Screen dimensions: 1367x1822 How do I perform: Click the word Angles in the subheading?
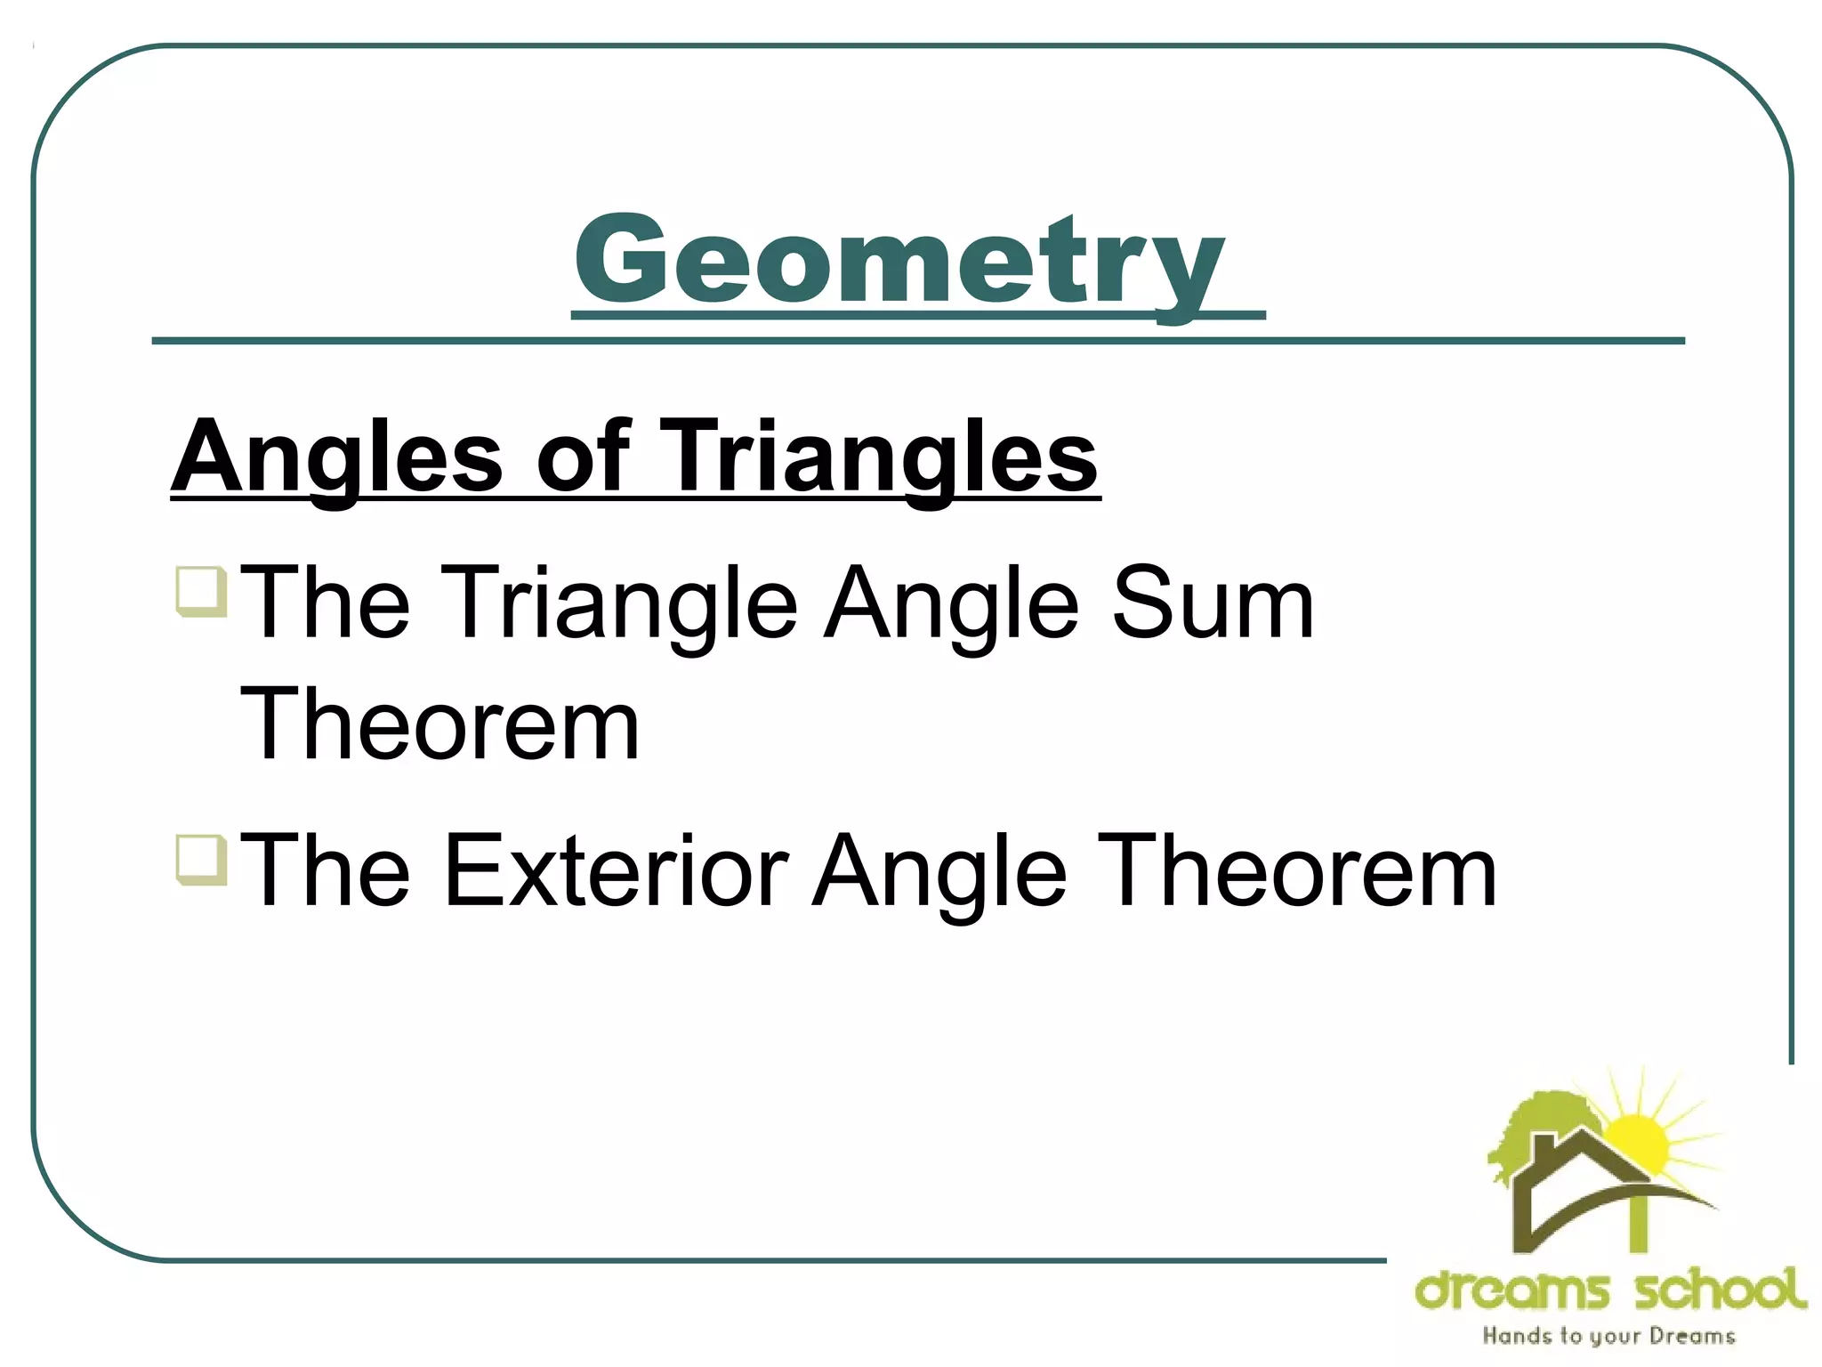pos(337,458)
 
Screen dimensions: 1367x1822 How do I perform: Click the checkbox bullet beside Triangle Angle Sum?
pos(201,591)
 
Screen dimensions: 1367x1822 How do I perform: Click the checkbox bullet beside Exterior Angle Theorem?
pos(201,859)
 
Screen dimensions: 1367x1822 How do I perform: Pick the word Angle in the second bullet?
pos(939,872)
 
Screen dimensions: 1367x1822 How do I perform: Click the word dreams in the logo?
pos(1512,1290)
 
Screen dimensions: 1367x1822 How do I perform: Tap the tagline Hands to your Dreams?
pos(1608,1336)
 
